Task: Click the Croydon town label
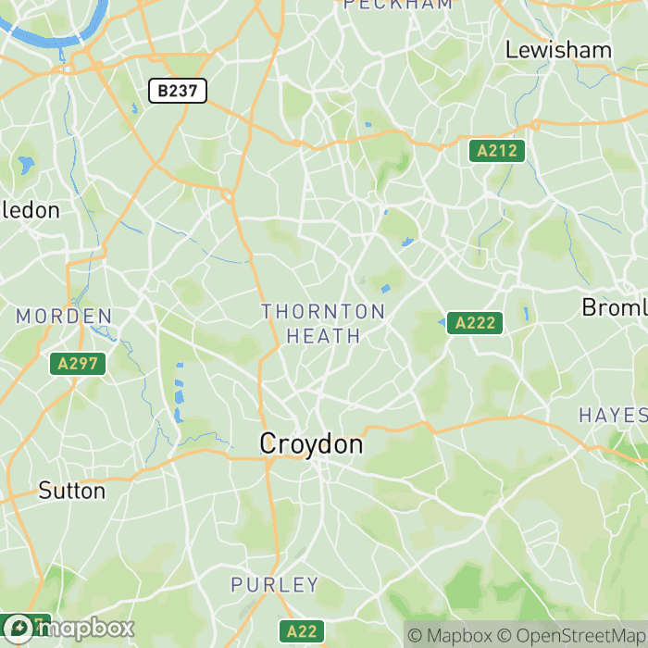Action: (311, 444)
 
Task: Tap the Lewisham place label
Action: (558, 50)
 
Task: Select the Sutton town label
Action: (72, 491)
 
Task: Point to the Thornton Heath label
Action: (323, 323)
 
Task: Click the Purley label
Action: (275, 585)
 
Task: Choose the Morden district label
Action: (64, 317)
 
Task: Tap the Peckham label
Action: (398, 5)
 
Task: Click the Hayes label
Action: (613, 415)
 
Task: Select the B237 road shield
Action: (177, 91)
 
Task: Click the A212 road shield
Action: (497, 151)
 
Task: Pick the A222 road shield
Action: (475, 323)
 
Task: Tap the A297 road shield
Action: (77, 364)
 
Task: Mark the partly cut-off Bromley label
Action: (615, 307)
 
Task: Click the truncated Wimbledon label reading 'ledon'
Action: (31, 210)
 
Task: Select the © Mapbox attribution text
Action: (450, 636)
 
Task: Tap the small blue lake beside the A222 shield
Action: (442, 322)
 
